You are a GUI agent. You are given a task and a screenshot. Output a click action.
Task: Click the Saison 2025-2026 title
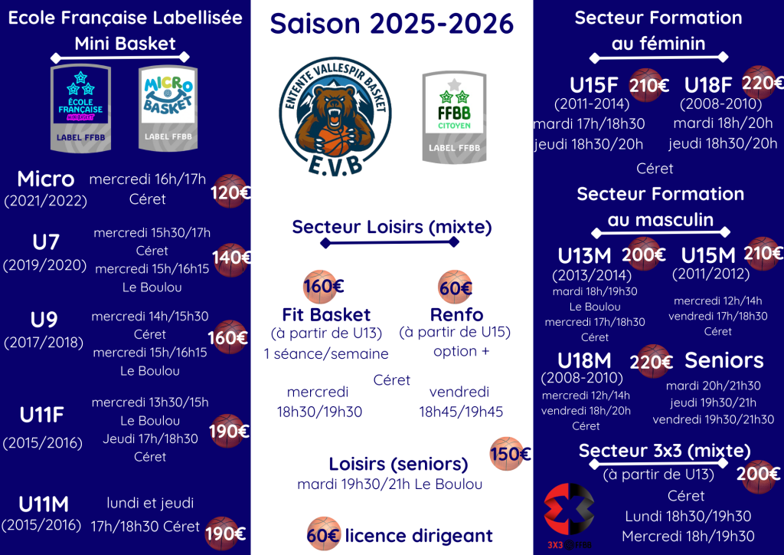(x=391, y=24)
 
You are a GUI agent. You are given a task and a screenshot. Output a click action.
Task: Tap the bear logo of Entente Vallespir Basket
(x=335, y=117)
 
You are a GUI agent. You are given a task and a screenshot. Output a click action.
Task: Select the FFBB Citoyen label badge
(x=454, y=117)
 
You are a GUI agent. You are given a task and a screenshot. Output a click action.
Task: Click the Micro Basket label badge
(x=168, y=108)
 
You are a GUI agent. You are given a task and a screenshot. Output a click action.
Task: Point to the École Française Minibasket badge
(x=80, y=108)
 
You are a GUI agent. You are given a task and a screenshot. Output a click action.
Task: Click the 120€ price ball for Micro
(x=230, y=192)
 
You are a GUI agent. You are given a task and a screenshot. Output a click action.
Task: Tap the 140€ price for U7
(x=231, y=259)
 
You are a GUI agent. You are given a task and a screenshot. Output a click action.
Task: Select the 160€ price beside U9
(x=228, y=337)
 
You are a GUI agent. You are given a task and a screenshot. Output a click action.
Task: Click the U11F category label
(x=42, y=415)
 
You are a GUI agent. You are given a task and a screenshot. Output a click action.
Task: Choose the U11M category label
(x=44, y=504)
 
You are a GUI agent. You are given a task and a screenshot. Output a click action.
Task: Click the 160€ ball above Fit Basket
(x=323, y=287)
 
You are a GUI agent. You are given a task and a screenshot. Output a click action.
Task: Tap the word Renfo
(x=456, y=315)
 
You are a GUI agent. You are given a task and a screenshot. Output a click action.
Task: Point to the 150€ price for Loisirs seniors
(x=510, y=454)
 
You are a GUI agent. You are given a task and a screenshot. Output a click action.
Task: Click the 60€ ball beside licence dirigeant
(x=323, y=534)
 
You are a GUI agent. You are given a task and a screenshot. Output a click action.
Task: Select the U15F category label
(x=594, y=85)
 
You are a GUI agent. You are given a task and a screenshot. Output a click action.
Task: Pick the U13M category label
(x=584, y=256)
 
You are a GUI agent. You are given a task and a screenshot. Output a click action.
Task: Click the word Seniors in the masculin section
(x=724, y=360)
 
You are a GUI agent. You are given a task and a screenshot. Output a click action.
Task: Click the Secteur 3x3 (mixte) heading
(x=665, y=451)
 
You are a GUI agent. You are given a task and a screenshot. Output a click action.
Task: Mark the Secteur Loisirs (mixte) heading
(x=392, y=227)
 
